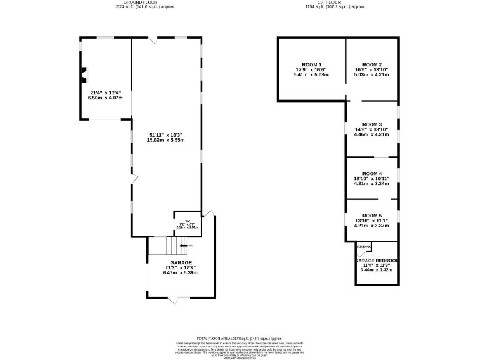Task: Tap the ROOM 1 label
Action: click(x=311, y=64)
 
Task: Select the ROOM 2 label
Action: click(x=372, y=64)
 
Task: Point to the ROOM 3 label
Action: click(x=372, y=124)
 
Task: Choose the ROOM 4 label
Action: click(x=372, y=173)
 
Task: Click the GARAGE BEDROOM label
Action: click(x=377, y=260)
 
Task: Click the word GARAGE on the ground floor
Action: click(x=181, y=263)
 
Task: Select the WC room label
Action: click(x=187, y=221)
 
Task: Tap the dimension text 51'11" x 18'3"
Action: click(x=165, y=135)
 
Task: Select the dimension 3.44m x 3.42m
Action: click(x=377, y=271)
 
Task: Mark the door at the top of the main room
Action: click(x=153, y=39)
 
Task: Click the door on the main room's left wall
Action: click(x=133, y=180)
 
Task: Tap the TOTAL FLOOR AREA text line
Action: click(x=240, y=337)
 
